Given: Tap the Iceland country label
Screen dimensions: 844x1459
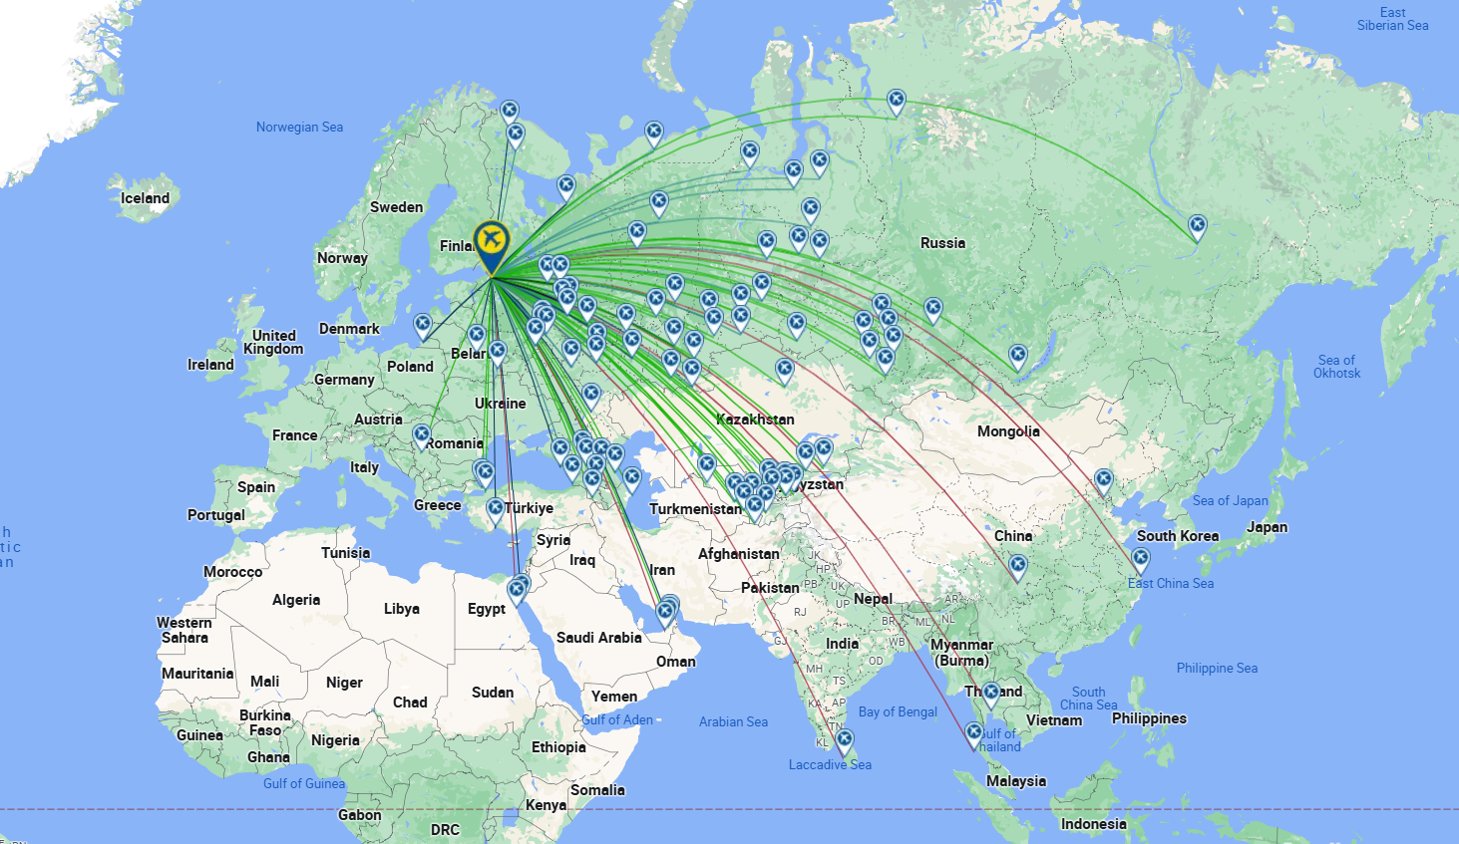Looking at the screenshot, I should click(146, 198).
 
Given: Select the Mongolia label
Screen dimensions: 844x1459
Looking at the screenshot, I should click(1008, 431).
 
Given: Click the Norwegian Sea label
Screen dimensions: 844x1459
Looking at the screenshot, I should click(299, 127).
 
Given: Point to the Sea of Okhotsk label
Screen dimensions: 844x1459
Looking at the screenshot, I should click(1336, 367).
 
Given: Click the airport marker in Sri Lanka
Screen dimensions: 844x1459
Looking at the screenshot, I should click(845, 740).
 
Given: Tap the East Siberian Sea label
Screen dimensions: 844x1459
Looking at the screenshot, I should click(1392, 19).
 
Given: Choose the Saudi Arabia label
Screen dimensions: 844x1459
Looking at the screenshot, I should click(598, 638).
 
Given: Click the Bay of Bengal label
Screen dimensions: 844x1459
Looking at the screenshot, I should click(898, 711).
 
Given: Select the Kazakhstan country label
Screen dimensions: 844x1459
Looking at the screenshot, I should click(755, 420).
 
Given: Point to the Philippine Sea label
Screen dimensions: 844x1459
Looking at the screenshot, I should click(1217, 668).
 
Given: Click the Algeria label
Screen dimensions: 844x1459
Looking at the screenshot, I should click(296, 600).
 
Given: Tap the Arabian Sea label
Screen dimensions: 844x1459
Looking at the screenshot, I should click(733, 721).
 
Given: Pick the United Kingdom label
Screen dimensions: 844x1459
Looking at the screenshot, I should click(273, 342).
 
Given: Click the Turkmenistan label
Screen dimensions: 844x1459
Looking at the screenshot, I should click(695, 509).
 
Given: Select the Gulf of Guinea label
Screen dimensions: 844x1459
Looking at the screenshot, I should click(304, 783).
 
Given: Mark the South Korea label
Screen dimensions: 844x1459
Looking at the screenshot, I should click(1178, 536).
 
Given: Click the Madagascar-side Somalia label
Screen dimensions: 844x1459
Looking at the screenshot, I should click(597, 790).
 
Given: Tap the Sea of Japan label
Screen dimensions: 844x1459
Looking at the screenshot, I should click(1231, 500).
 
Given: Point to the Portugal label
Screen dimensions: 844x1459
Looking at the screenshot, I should click(215, 515).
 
